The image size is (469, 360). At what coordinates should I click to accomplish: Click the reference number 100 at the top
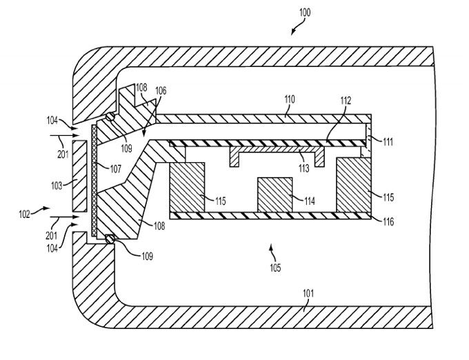pos(305,12)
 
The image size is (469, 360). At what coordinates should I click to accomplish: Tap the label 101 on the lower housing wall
pos(308,292)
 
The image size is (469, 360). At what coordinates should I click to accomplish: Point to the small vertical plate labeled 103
pos(80,177)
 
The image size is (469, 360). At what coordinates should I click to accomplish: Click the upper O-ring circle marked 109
pos(109,116)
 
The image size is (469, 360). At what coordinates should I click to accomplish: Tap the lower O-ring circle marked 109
pos(108,238)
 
